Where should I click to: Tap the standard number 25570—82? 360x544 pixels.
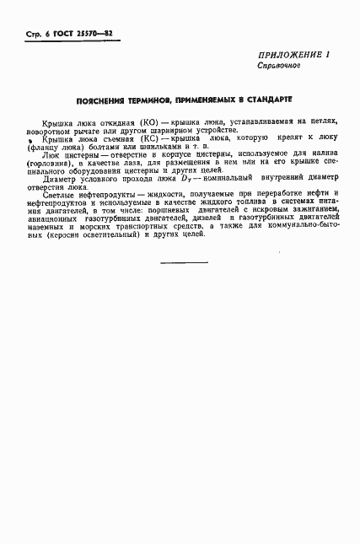click(x=98, y=35)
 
